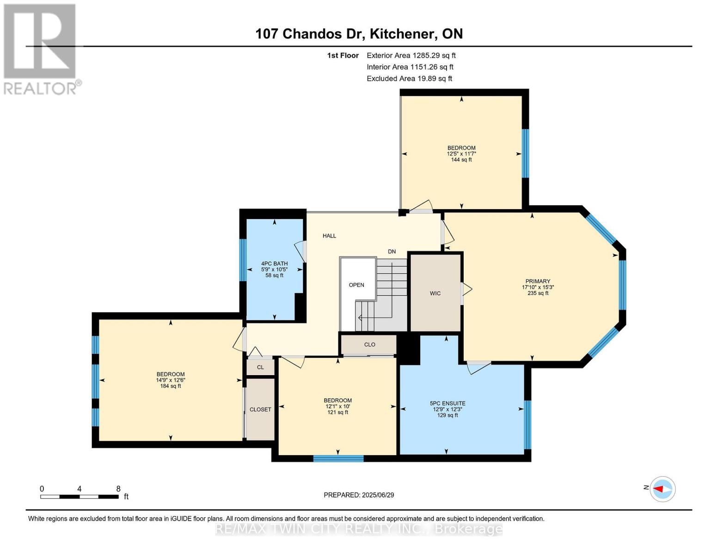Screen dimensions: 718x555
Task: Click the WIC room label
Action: click(435, 293)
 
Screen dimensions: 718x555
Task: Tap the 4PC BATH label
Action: click(274, 264)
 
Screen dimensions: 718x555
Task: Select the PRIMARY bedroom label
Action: click(538, 281)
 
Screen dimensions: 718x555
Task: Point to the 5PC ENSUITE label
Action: click(448, 403)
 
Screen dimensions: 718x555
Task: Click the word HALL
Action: click(329, 236)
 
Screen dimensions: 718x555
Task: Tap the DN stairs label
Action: click(392, 252)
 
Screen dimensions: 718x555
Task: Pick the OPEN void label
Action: click(356, 285)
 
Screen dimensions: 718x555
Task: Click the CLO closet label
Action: click(369, 345)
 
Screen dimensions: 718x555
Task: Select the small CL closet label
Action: click(260, 367)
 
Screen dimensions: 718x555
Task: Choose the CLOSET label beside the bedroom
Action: click(260, 409)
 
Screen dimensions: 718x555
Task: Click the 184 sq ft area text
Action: click(171, 386)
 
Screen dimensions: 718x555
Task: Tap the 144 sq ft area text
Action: click(461, 160)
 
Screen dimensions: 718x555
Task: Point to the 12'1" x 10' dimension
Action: click(338, 406)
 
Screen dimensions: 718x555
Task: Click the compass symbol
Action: click(662, 489)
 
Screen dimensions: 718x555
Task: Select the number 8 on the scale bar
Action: click(118, 488)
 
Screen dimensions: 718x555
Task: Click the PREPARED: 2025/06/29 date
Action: click(358, 495)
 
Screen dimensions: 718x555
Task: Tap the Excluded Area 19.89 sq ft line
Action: click(409, 78)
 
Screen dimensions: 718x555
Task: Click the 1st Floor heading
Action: click(343, 55)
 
